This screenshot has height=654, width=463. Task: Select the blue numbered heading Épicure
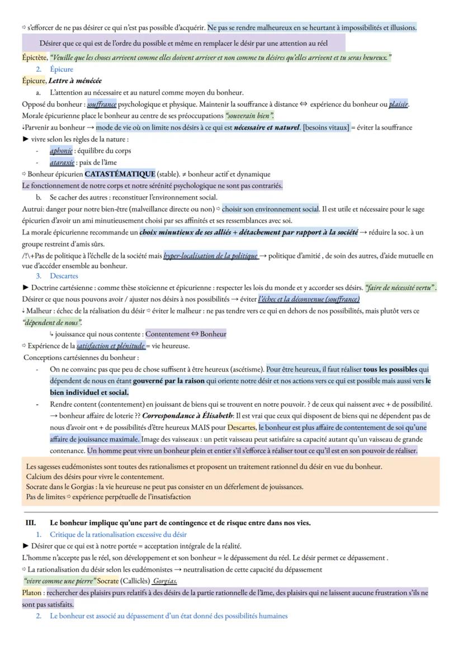pyautogui.click(x=62, y=69)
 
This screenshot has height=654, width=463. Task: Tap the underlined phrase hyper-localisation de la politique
pyautogui.click(x=210, y=256)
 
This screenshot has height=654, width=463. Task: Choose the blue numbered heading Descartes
pyautogui.click(x=64, y=276)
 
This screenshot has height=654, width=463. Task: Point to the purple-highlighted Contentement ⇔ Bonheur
pyautogui.click(x=186, y=334)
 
